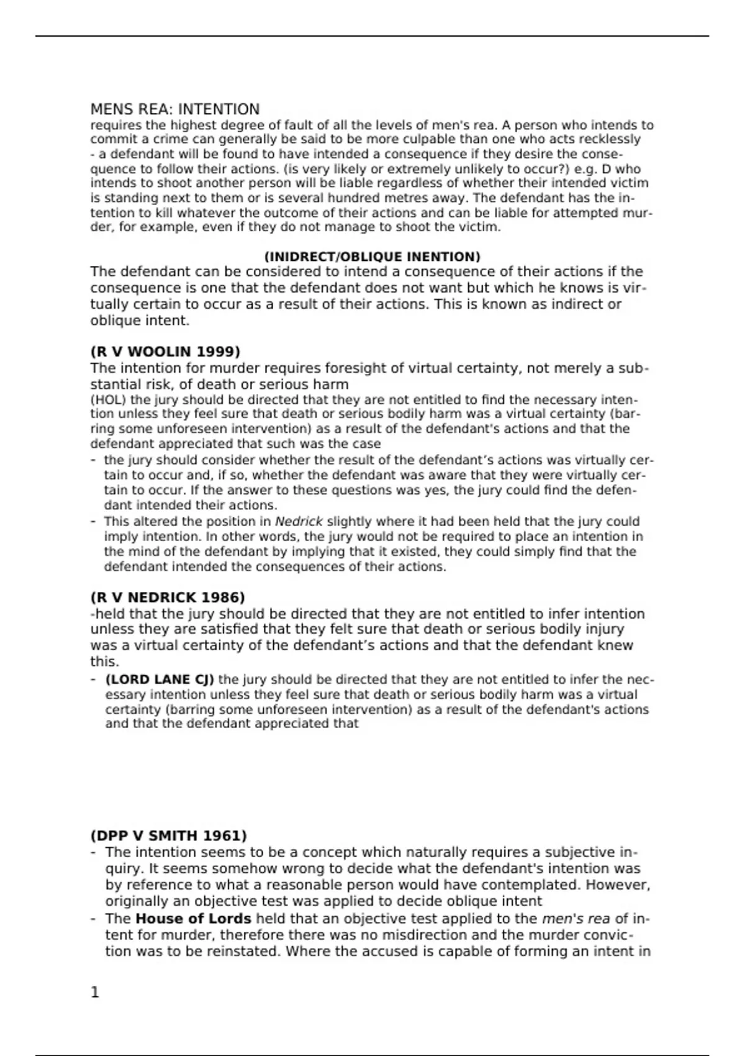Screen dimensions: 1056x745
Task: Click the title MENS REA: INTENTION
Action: tap(175, 110)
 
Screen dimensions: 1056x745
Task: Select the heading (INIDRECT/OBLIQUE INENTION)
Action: tap(372, 257)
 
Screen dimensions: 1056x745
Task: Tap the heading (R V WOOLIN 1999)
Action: tap(165, 352)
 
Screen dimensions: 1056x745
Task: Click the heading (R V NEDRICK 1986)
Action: tap(168, 598)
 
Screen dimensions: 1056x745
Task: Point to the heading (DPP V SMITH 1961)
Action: tap(168, 836)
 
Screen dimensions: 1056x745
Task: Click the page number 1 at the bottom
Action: tap(95, 993)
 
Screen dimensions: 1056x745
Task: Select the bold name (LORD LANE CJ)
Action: tap(160, 680)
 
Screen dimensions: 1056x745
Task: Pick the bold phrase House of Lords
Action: tap(193, 919)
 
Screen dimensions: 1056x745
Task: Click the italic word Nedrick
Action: tap(299, 522)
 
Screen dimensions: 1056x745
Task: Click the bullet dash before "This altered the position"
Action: tap(93, 522)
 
